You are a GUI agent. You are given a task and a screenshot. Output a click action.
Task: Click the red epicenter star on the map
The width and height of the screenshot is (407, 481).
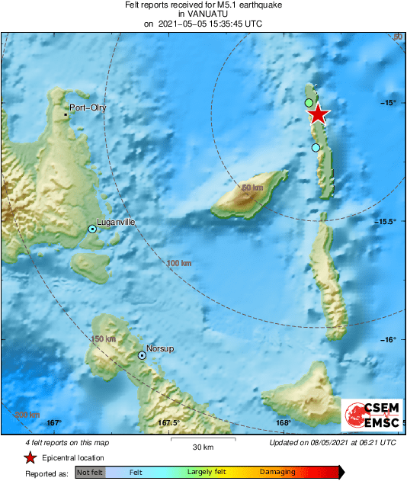(317, 114)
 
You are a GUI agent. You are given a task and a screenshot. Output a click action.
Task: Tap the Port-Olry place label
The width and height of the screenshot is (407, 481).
(88, 108)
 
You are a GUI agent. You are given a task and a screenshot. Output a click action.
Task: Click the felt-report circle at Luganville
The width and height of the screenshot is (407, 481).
(92, 229)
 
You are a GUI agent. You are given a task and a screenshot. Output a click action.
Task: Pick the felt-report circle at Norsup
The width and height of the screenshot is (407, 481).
(142, 355)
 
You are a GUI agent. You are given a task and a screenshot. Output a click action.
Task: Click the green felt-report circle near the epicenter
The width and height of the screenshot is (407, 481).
(309, 102)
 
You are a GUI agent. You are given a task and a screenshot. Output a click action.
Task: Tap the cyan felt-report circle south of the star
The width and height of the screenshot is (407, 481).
(316, 148)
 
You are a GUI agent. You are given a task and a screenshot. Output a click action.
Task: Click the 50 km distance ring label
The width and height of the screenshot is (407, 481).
(252, 188)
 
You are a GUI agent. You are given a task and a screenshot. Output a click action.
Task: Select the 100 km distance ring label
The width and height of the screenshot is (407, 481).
(178, 263)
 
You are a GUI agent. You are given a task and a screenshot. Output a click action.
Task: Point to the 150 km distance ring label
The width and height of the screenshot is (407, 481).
(103, 338)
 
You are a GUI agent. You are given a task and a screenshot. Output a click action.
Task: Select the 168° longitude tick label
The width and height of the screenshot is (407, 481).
(284, 423)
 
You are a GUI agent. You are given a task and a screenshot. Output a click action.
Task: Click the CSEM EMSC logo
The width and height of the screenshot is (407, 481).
(369, 415)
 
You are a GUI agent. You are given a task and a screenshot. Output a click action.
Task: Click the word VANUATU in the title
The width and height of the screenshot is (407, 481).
(203, 14)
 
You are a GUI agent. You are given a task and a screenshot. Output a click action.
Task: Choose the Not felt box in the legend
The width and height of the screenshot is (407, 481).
(90, 473)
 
